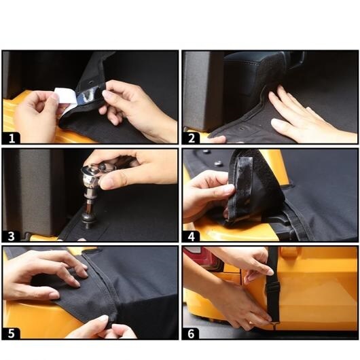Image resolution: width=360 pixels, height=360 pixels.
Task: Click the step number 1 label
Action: (12, 139)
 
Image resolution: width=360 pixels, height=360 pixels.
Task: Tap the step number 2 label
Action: (192, 139)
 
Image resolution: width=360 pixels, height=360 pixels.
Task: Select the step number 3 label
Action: (12, 236)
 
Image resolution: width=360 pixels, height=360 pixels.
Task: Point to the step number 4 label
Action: (192, 236)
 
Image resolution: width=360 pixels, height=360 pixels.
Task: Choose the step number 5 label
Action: (12, 334)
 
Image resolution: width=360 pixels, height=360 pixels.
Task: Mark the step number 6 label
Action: (191, 334)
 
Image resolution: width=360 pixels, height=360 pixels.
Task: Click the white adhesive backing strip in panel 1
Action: (65, 98)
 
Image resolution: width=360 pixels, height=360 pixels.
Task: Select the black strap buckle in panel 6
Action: (273, 290)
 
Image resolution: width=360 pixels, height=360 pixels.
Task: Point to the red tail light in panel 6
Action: (202, 258)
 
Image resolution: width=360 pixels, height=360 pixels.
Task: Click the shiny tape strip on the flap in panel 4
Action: (245, 181)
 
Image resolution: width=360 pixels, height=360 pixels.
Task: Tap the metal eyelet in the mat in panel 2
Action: (242, 128)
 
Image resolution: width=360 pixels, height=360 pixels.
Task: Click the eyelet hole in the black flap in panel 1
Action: (91, 82)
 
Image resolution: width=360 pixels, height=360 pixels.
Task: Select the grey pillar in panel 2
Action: (203, 92)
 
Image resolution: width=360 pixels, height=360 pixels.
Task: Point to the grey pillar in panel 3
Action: (35, 192)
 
